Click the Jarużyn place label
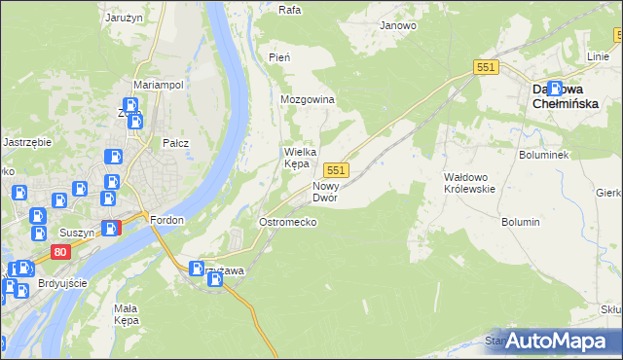point(125,17)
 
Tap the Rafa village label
point(289,10)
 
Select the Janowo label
point(398,25)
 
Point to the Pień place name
point(279,58)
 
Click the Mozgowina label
point(308,100)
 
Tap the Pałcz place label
point(175,143)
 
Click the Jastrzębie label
point(26,142)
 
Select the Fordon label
point(167,220)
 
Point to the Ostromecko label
point(287,223)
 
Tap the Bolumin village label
point(521,222)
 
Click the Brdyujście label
point(60,283)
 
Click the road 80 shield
point(61,252)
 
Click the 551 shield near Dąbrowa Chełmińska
point(487,66)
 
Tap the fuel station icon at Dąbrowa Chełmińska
point(554,88)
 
